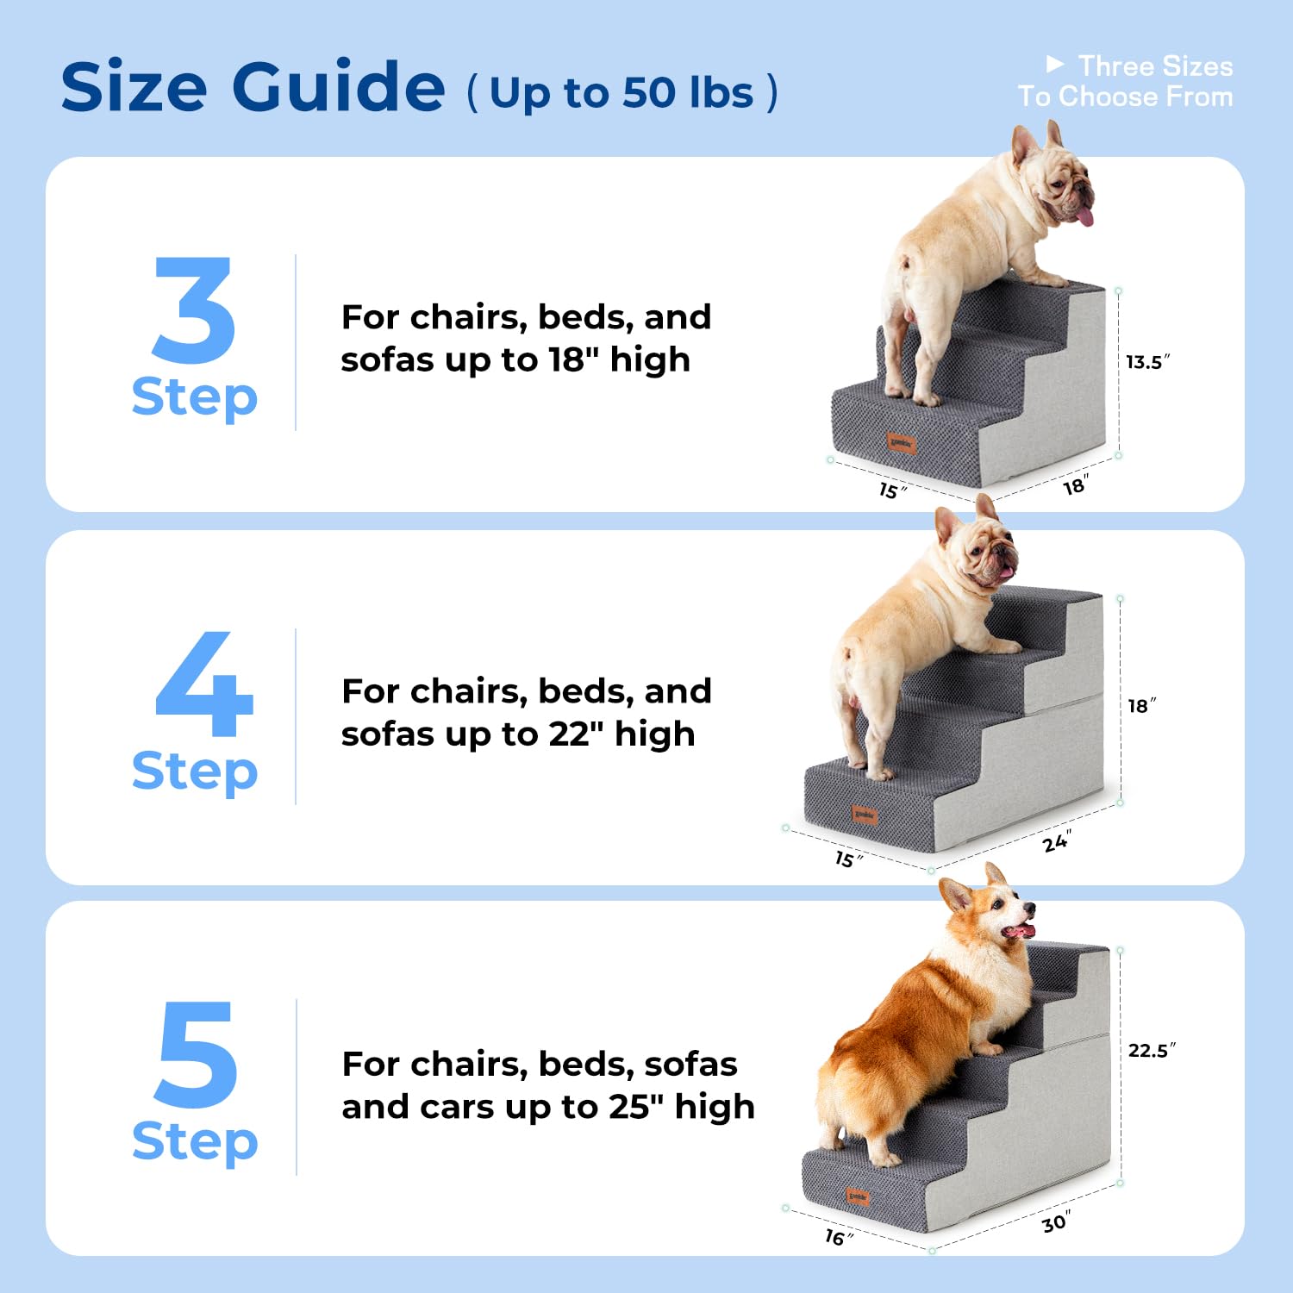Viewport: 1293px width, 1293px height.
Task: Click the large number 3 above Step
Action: pyautogui.click(x=194, y=310)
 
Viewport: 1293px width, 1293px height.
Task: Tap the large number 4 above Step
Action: pyautogui.click(x=204, y=685)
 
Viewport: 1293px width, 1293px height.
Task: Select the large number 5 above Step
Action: pyautogui.click(x=196, y=1055)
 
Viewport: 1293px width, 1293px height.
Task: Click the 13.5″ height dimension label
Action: pyautogui.click(x=1147, y=362)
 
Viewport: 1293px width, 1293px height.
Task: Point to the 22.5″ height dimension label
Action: pyautogui.click(x=1152, y=1051)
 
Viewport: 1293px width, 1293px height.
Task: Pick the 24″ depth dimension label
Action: pyautogui.click(x=1057, y=841)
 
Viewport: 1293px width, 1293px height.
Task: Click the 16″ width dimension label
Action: pyautogui.click(x=838, y=1238)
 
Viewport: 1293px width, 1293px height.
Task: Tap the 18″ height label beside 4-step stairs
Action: pyautogui.click(x=1141, y=706)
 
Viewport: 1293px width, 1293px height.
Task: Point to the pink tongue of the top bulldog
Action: pyautogui.click(x=1085, y=215)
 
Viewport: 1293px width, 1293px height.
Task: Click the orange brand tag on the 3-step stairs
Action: pyautogui.click(x=902, y=444)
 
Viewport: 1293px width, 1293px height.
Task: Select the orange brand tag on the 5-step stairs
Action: pyautogui.click(x=858, y=1196)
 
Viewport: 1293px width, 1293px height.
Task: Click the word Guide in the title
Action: pyautogui.click(x=338, y=87)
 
